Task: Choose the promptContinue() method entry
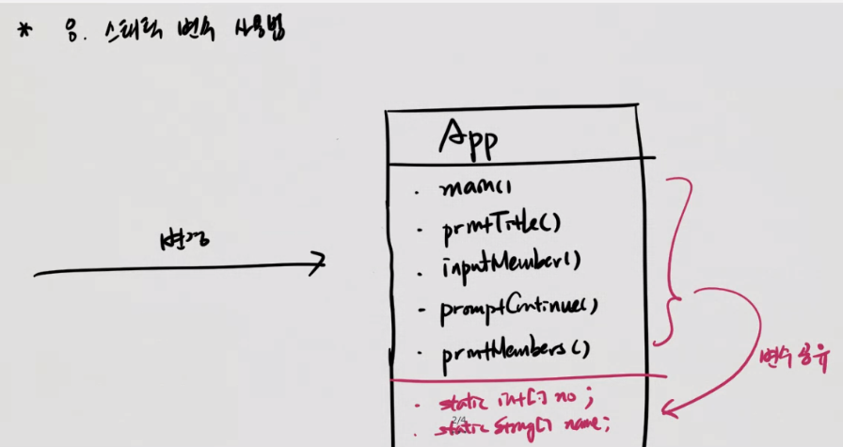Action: click(519, 307)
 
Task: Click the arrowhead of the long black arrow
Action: click(321, 261)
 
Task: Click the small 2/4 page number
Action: click(459, 420)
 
